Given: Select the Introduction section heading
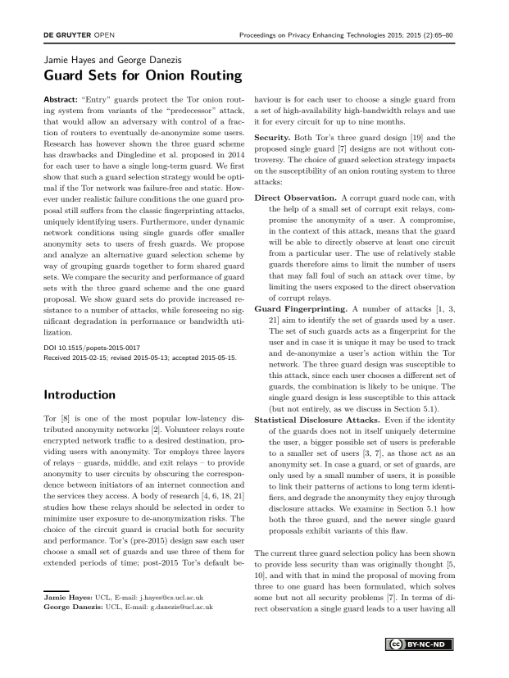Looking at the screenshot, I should pyautogui.click(x=89, y=394).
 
